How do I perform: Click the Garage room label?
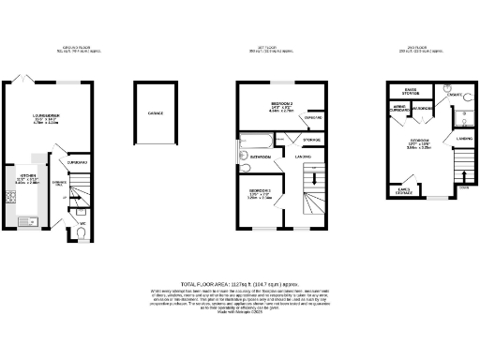pos(155,112)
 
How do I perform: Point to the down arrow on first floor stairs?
pos(314,177)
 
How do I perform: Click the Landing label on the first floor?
pos(306,157)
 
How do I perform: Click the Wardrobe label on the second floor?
pos(422,109)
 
